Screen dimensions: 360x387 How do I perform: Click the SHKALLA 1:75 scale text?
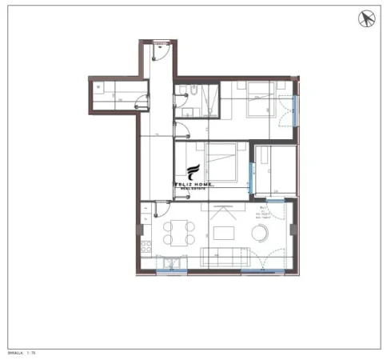pyautogui.click(x=22, y=351)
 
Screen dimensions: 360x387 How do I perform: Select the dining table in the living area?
pyautogui.click(x=179, y=233)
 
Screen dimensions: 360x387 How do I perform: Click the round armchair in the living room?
pyautogui.click(x=261, y=233)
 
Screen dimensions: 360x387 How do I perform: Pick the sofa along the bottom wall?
pyautogui.click(x=225, y=258)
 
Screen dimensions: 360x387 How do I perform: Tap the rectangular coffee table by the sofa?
pyautogui.click(x=222, y=234)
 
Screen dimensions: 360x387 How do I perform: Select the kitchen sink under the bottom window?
pyautogui.click(x=169, y=262)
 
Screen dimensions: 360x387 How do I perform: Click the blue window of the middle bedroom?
pyautogui.click(x=253, y=177)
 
